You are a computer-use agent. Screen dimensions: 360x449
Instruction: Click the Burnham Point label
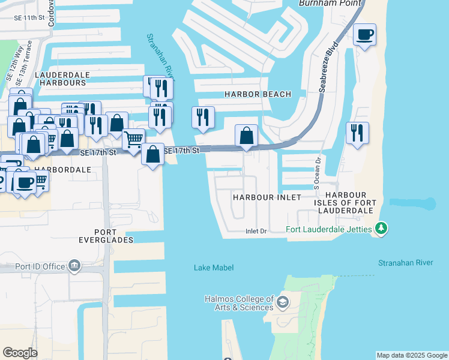tap(330, 4)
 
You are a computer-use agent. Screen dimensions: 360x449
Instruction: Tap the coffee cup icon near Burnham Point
tap(364, 34)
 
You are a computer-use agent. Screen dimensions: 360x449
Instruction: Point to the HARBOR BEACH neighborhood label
tap(258, 94)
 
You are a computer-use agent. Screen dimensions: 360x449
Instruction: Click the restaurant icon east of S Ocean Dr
tap(357, 133)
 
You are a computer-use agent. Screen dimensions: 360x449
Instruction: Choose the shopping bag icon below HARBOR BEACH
tap(246, 136)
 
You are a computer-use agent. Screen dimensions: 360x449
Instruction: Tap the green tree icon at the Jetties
tap(381, 229)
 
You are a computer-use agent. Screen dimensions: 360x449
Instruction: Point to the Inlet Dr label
tap(255, 231)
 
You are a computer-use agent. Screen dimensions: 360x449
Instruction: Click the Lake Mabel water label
tap(213, 268)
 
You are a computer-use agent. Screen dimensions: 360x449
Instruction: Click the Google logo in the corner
tap(20, 353)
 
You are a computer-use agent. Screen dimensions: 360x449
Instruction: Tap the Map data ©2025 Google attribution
tap(412, 355)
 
